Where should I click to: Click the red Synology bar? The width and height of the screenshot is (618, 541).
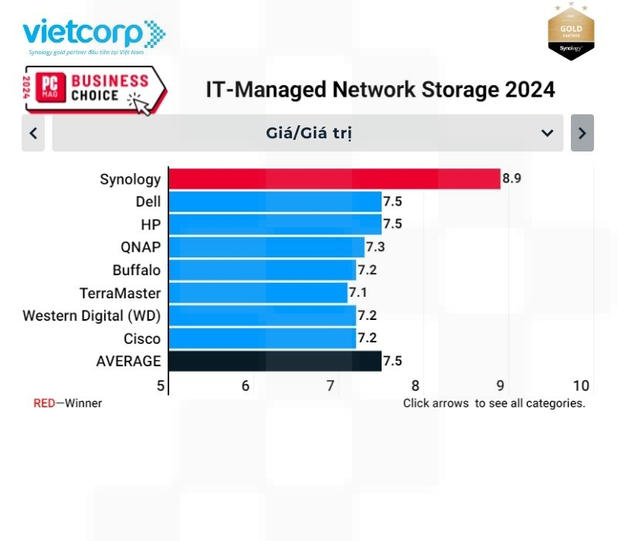[x=334, y=179]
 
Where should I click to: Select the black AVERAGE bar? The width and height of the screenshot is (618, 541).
[x=274, y=361]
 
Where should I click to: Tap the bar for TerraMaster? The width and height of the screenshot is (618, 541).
[x=257, y=293]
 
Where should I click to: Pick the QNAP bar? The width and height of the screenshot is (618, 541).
[x=266, y=247]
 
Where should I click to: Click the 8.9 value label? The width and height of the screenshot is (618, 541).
[x=512, y=179]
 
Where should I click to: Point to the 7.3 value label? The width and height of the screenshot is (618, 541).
[x=375, y=247]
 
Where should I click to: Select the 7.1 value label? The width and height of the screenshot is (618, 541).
[x=358, y=293]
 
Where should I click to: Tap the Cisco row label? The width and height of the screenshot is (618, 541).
[x=142, y=339]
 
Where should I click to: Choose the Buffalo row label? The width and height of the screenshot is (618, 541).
[x=137, y=270]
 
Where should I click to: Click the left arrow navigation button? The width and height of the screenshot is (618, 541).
[x=33, y=133]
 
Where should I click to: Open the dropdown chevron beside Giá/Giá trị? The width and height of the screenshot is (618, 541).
[x=547, y=133]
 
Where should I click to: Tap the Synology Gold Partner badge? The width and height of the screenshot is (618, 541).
[x=571, y=31]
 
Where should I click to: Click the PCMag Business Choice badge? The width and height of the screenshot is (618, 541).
[x=85, y=89]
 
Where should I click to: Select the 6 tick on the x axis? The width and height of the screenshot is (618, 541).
[x=246, y=386]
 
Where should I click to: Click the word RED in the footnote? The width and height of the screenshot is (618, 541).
[x=44, y=403]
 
